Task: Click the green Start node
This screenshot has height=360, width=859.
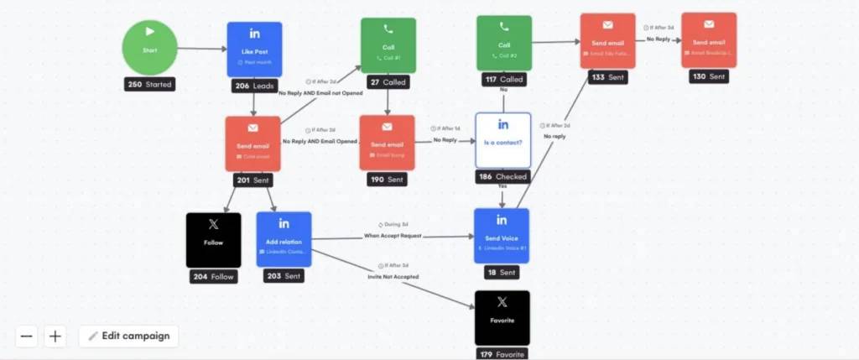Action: pyautogui.click(x=150, y=49)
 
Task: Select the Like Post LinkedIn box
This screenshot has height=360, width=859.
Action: pyautogui.click(x=254, y=49)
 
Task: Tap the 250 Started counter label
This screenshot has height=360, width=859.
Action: pyautogui.click(x=150, y=85)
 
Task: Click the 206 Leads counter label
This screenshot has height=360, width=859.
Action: pyautogui.click(x=254, y=86)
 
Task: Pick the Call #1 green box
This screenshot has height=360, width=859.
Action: pyautogui.click(x=388, y=44)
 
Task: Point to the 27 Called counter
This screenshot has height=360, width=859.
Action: pyautogui.click(x=388, y=82)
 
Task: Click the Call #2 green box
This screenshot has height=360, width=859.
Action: pyautogui.click(x=503, y=43)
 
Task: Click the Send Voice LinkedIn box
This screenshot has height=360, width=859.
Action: pyautogui.click(x=502, y=236)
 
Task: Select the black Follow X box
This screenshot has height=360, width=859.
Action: pyautogui.click(x=213, y=240)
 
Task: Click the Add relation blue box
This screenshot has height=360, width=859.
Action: pyautogui.click(x=284, y=239)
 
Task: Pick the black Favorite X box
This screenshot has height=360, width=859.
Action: pyautogui.click(x=502, y=317)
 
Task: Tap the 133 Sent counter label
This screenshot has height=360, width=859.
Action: pyautogui.click(x=607, y=76)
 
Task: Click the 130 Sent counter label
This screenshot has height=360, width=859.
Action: pyautogui.click(x=709, y=76)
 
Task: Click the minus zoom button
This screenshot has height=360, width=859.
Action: pyautogui.click(x=27, y=337)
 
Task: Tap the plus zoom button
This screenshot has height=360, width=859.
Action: pyautogui.click(x=55, y=337)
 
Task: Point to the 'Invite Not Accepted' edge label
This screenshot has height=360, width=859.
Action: pyautogui.click(x=393, y=276)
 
